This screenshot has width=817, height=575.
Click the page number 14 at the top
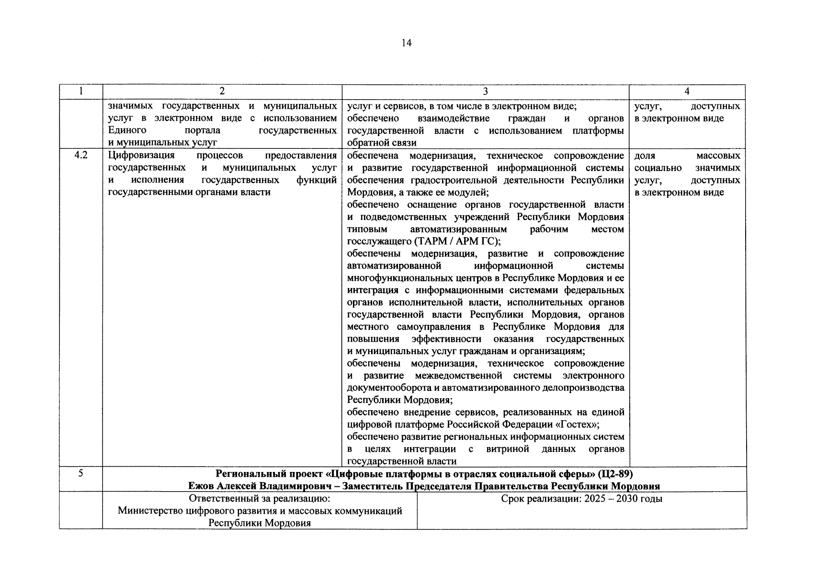tap(406, 44)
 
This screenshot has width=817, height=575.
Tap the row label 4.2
tap(81, 156)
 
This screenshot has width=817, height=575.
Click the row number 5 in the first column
tap(81, 473)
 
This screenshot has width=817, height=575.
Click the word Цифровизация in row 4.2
tap(141, 156)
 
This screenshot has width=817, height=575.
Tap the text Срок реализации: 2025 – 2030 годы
tap(581, 499)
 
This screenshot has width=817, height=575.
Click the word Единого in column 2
tap(127, 130)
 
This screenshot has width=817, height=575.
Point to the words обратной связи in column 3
tap(382, 143)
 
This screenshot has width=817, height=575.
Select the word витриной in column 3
tap(508, 449)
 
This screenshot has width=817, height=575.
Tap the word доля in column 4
tap(645, 156)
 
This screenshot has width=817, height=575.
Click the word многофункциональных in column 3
tap(393, 278)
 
